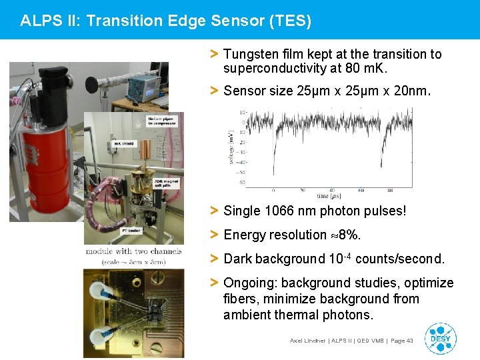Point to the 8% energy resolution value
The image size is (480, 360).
click(350, 235)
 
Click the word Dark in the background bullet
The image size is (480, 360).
click(237, 259)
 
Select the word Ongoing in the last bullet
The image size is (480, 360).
click(249, 283)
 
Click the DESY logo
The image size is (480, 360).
click(440, 338)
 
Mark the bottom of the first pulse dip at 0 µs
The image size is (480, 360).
click(274, 175)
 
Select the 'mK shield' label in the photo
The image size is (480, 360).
click(124, 143)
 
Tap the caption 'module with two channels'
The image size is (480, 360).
click(133, 251)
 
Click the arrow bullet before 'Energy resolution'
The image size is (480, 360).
click(214, 235)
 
